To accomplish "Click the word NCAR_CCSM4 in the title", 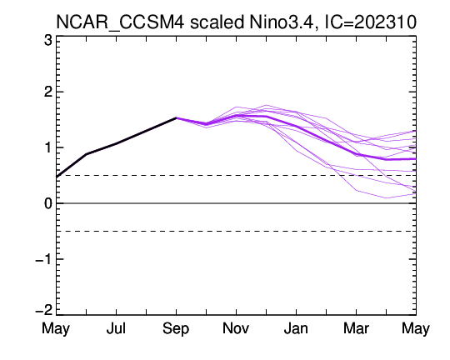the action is coord(120,22).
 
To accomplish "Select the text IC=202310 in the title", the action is coord(371,22).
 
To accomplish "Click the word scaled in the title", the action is coord(217,22).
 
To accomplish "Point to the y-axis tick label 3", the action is coord(48,41).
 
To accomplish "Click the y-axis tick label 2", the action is coord(48,92).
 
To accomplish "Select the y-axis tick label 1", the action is coord(48,147).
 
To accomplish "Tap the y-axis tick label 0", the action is coord(48,203).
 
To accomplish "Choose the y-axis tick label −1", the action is coord(44,259).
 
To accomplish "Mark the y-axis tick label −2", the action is coord(44,310).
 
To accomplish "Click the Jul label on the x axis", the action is coord(116,328).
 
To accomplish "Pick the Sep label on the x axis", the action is coord(176,329).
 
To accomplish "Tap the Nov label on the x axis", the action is coord(236,328).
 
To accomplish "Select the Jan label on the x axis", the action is coord(296,328).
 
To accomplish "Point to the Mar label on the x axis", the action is coord(356,328).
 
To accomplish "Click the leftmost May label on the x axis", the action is coord(56,329).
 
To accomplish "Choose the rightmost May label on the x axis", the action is coord(416,329).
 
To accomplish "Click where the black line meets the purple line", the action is coord(176,117).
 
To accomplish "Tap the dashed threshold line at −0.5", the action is coord(236,231).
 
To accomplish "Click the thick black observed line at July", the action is coord(116,143).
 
